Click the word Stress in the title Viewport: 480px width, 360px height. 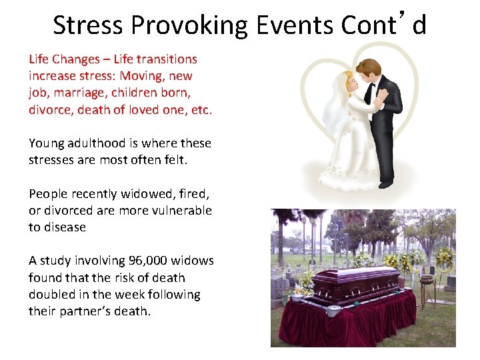(x=88, y=25)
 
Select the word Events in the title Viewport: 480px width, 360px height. (x=291, y=25)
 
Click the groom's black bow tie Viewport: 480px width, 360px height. (x=373, y=85)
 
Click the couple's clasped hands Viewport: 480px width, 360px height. (x=377, y=102)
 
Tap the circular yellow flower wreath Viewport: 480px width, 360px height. (x=443, y=259)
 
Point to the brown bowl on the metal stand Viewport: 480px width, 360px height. (x=427, y=280)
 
